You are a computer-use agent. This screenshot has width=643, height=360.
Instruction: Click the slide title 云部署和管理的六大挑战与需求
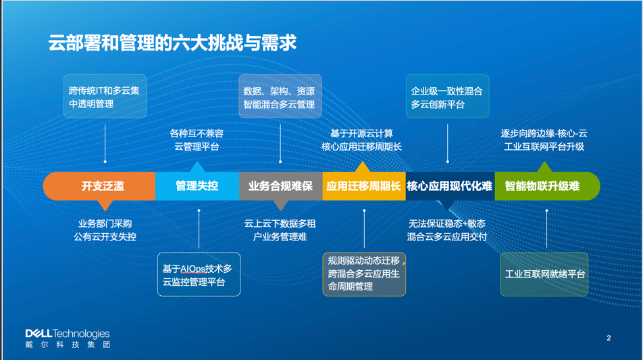[172, 43]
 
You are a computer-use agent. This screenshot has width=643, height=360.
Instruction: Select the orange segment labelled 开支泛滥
[99, 186]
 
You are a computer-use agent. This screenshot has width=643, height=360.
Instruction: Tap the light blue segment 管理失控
[197, 186]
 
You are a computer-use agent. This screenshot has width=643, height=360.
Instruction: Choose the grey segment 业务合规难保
[281, 186]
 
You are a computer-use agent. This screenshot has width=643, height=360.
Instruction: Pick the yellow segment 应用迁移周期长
[364, 186]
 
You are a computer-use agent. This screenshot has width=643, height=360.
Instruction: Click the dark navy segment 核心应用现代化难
[451, 186]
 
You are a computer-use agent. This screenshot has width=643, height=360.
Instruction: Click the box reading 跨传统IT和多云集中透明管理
[105, 97]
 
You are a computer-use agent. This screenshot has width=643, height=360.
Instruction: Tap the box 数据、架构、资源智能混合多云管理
[280, 97]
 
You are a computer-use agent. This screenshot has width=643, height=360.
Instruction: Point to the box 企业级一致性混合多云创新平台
[447, 97]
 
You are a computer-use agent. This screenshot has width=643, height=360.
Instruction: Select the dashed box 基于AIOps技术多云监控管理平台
[199, 274]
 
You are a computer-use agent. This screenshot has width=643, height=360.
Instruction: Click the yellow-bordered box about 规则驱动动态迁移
[364, 274]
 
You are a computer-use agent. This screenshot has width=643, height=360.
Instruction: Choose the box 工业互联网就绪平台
[544, 274]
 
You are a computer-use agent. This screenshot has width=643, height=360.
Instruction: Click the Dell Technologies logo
[68, 334]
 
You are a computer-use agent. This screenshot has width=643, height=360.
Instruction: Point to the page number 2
[609, 338]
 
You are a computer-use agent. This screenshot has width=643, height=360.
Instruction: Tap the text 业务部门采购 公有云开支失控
[105, 230]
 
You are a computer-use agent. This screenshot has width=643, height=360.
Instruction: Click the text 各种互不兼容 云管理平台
[197, 140]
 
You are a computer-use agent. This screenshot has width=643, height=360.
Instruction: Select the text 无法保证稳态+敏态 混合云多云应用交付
[447, 230]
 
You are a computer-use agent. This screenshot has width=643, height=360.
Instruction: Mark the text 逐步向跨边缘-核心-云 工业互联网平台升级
[544, 140]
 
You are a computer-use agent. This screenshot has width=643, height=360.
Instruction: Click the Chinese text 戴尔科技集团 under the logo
[68, 344]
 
